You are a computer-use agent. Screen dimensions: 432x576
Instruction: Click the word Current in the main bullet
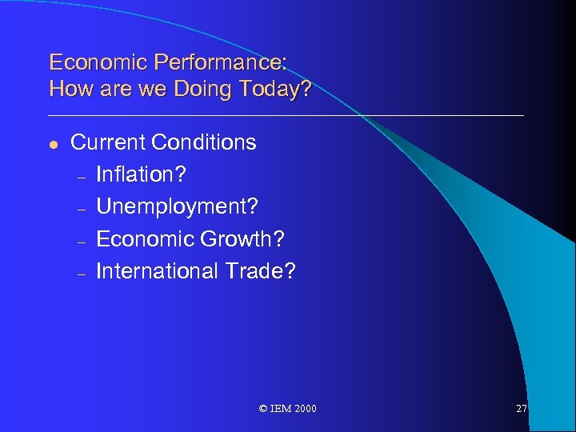(x=108, y=142)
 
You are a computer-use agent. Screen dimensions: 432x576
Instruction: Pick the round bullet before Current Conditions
(x=53, y=144)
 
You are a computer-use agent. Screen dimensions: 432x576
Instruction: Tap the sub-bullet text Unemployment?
(x=177, y=206)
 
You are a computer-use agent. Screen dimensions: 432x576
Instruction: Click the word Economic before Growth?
(x=146, y=239)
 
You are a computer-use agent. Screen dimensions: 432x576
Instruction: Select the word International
(x=155, y=271)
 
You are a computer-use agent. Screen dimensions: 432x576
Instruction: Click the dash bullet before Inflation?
(x=81, y=176)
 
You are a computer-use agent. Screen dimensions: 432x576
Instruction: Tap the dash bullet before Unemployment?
(x=81, y=208)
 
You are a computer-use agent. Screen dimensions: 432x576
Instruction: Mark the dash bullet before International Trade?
(x=81, y=273)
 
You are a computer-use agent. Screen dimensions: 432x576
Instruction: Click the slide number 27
(x=521, y=409)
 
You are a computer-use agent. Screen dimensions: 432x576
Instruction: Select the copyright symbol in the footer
(x=263, y=409)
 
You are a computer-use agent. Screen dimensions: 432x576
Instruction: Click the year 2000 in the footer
(x=305, y=409)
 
